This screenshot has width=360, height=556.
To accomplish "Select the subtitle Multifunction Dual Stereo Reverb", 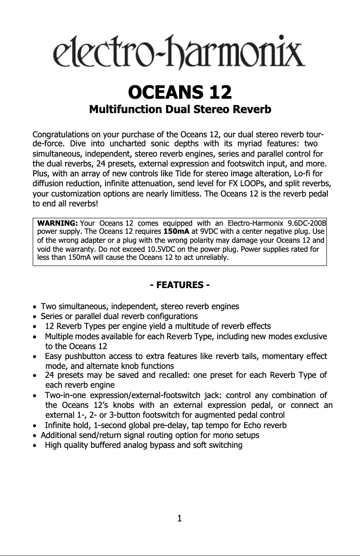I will coord(180,109).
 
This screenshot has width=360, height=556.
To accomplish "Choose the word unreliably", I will coord(211,258).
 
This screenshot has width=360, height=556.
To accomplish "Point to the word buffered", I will coord(104,445).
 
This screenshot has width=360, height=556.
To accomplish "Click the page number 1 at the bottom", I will coord(180,519).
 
